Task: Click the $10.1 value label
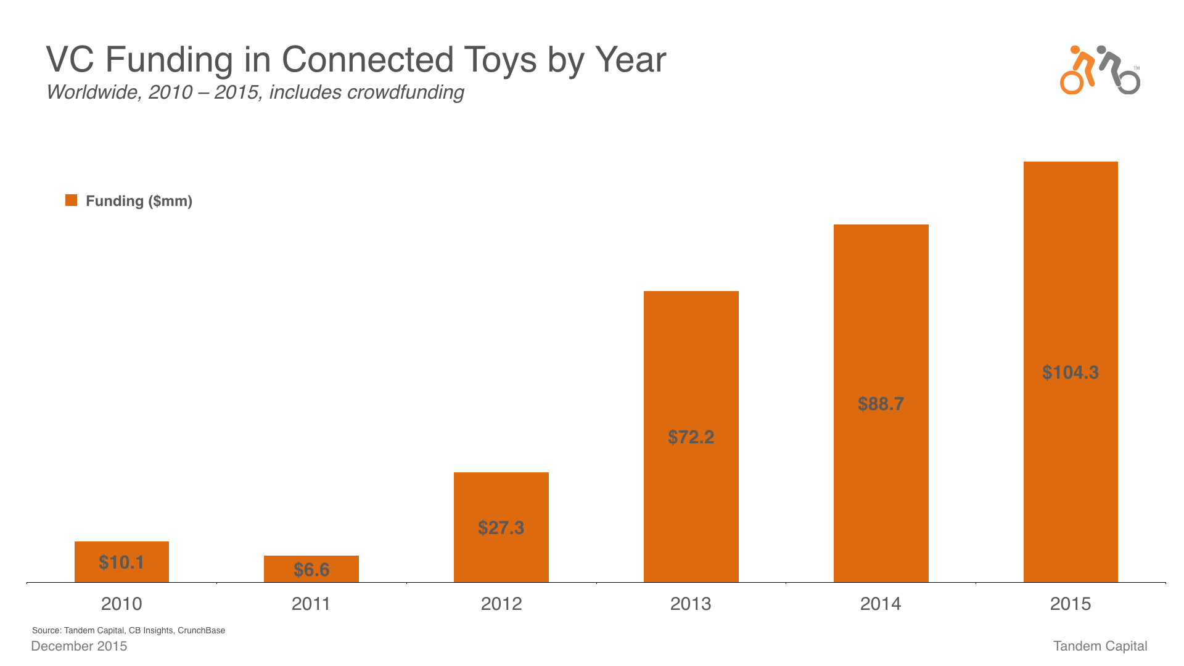click(x=121, y=562)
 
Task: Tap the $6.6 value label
click(x=311, y=569)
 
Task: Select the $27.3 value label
click(x=501, y=528)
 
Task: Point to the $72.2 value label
click(x=691, y=437)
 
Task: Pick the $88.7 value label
click(x=881, y=404)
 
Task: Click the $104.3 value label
click(x=1071, y=372)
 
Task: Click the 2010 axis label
click(x=121, y=604)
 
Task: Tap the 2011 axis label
click(x=311, y=604)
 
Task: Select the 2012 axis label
click(x=501, y=604)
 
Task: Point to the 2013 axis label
click(x=691, y=604)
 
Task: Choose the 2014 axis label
click(x=881, y=604)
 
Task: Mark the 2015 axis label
click(x=1071, y=604)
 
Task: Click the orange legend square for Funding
click(x=72, y=200)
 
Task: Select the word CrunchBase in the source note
click(x=201, y=630)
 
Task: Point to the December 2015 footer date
click(x=79, y=646)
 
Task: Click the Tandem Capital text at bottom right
click(x=1100, y=646)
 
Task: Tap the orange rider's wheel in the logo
click(x=1072, y=83)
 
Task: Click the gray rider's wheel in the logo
click(x=1129, y=83)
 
